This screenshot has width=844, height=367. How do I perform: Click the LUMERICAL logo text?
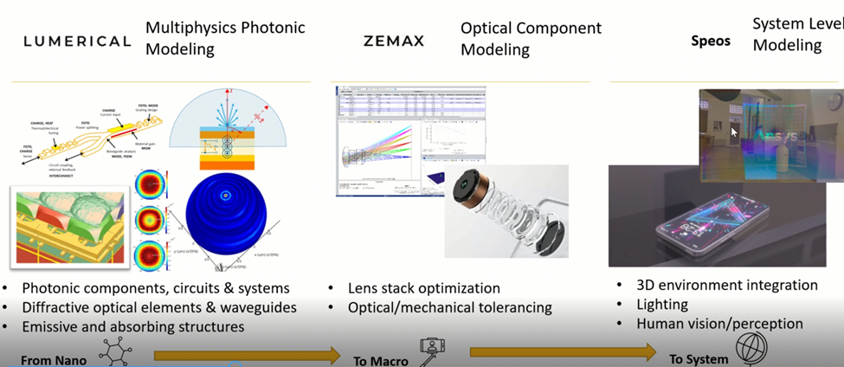(x=76, y=41)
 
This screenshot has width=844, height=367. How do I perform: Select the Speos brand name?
(x=710, y=41)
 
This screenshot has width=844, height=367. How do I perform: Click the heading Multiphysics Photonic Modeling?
(x=225, y=38)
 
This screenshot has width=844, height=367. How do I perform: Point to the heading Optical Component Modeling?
(x=530, y=39)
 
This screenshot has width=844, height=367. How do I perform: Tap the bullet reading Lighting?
(x=662, y=305)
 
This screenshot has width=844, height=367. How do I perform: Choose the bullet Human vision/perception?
(x=719, y=324)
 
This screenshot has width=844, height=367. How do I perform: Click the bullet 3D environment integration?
(x=726, y=285)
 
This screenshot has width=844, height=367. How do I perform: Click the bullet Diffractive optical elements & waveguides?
(x=158, y=307)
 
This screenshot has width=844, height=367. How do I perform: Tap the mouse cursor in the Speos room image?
(x=733, y=132)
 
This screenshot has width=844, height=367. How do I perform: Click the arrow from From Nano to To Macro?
(x=247, y=353)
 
